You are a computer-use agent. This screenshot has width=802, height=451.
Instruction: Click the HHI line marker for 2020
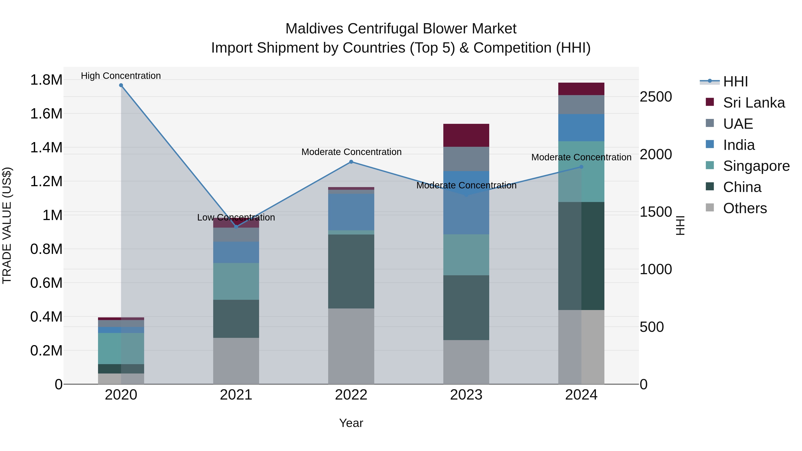(x=121, y=85)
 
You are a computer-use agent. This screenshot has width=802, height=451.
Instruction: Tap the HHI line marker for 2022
(x=351, y=162)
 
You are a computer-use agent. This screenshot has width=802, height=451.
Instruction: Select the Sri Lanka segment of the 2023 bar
(x=466, y=135)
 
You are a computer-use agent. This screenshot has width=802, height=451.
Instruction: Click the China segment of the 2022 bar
(x=351, y=271)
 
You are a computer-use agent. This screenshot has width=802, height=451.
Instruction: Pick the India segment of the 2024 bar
(x=581, y=128)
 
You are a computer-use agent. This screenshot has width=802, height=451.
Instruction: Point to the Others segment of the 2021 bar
(x=236, y=361)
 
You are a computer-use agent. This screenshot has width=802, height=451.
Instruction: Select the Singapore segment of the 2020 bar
(x=121, y=349)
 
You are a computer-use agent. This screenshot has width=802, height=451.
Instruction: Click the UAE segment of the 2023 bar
(x=466, y=159)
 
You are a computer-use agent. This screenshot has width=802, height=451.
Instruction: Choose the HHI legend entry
(x=735, y=82)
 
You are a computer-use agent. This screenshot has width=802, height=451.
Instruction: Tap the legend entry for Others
(x=745, y=208)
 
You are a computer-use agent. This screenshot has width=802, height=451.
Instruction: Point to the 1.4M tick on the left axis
(x=46, y=147)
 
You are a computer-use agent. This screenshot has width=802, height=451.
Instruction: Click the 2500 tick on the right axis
(x=656, y=97)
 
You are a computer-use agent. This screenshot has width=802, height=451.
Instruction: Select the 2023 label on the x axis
(x=466, y=395)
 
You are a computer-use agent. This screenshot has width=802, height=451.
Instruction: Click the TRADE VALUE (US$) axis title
(x=7, y=225)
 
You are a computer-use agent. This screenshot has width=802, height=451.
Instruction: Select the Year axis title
(x=351, y=423)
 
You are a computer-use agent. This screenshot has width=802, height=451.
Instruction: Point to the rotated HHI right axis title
(x=681, y=225)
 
